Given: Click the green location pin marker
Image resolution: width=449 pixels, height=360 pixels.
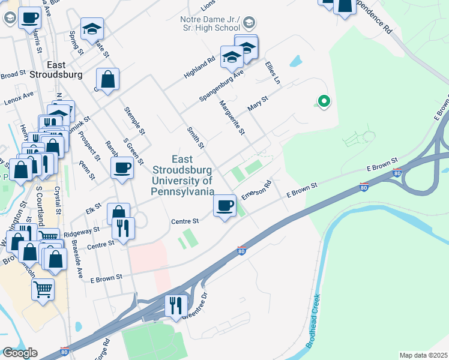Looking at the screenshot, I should [324, 101].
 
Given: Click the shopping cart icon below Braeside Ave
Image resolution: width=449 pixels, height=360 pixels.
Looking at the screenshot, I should [43, 290].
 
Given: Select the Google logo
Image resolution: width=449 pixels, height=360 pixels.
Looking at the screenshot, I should [20, 353].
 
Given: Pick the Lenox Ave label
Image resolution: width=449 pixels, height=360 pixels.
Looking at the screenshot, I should [19, 96].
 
